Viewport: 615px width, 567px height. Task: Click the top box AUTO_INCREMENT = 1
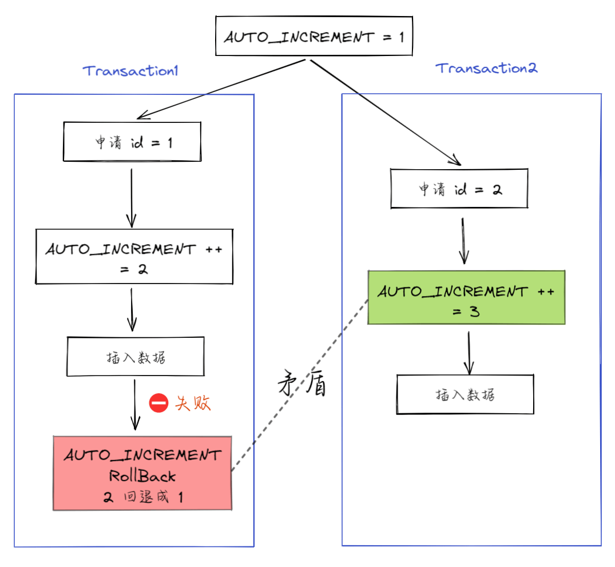click(314, 37)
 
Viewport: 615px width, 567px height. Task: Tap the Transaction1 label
click(131, 71)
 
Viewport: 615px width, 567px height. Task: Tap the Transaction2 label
click(487, 68)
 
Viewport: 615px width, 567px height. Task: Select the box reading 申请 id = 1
click(132, 142)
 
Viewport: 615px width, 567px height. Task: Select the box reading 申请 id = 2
click(459, 189)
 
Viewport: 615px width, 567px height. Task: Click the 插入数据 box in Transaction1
click(136, 357)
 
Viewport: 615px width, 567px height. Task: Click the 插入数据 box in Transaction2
click(465, 394)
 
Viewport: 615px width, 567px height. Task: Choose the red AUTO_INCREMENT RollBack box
click(142, 473)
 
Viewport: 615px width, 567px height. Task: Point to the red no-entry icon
click(158, 403)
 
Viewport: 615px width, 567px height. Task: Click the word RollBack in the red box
click(142, 476)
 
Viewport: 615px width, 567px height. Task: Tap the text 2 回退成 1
click(144, 497)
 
